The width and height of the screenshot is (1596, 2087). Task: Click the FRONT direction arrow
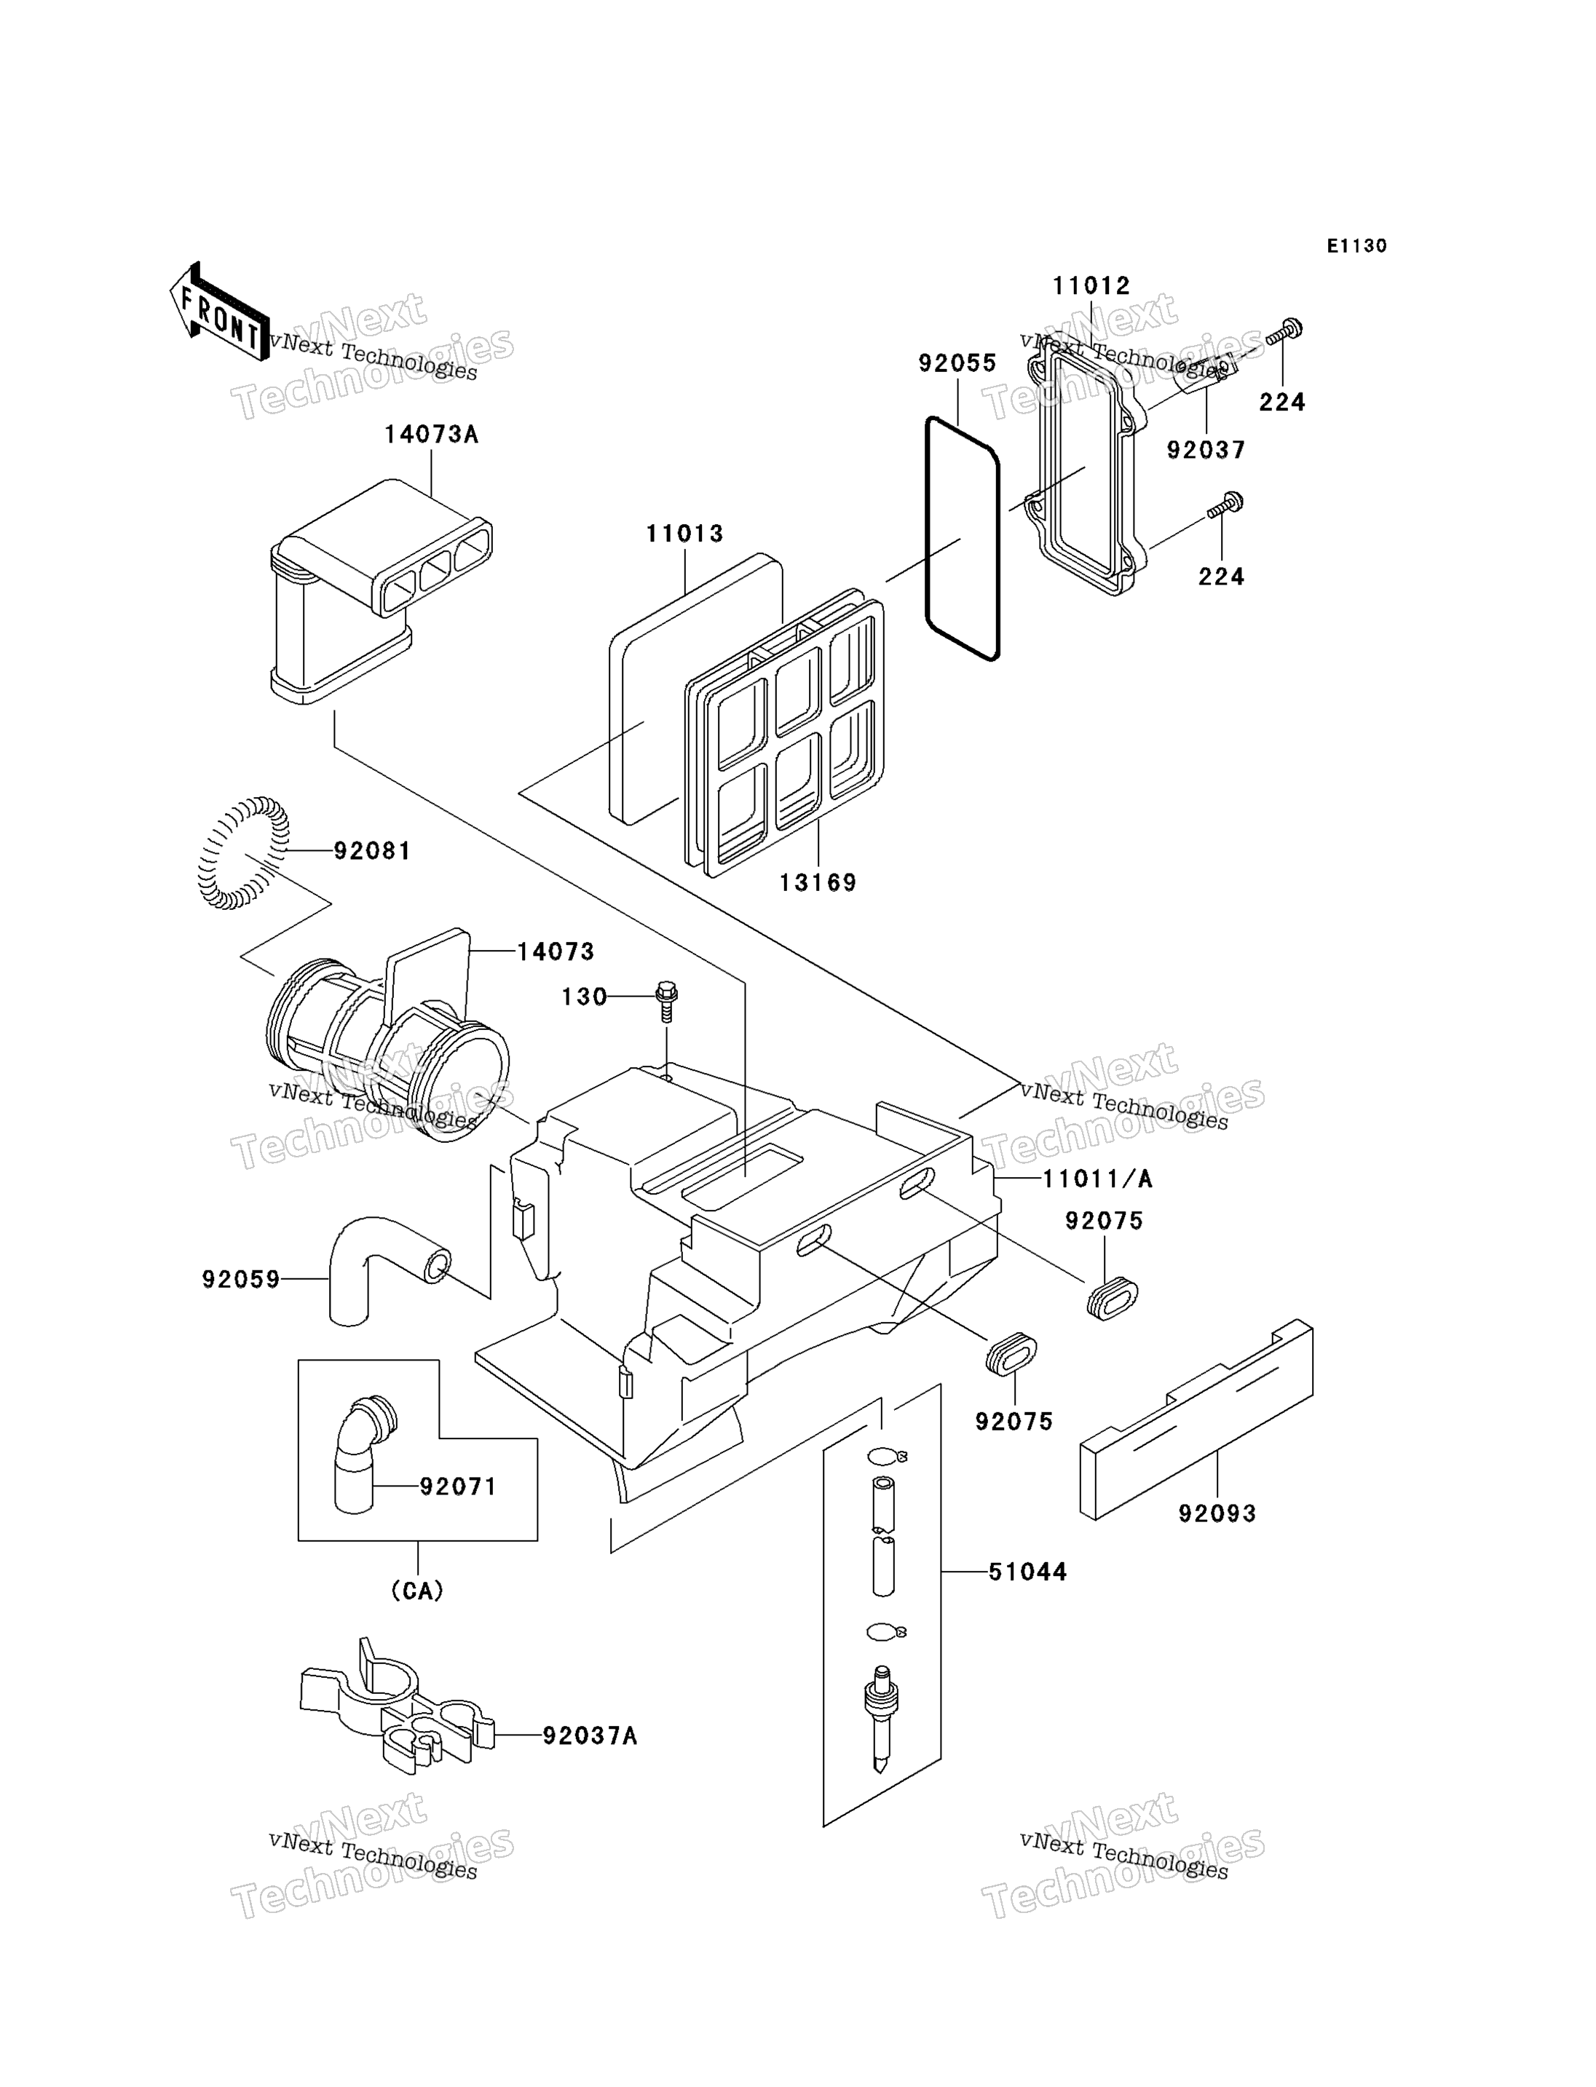[x=218, y=312]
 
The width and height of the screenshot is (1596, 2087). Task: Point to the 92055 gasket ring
[x=963, y=538]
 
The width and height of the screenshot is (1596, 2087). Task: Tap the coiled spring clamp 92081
[x=243, y=853]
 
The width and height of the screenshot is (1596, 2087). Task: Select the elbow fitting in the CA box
[x=364, y=1454]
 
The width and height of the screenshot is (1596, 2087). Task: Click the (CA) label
[x=417, y=1591]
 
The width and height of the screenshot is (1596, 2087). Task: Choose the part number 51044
[x=1028, y=1572]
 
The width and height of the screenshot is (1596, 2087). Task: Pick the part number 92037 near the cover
[x=1206, y=451]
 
